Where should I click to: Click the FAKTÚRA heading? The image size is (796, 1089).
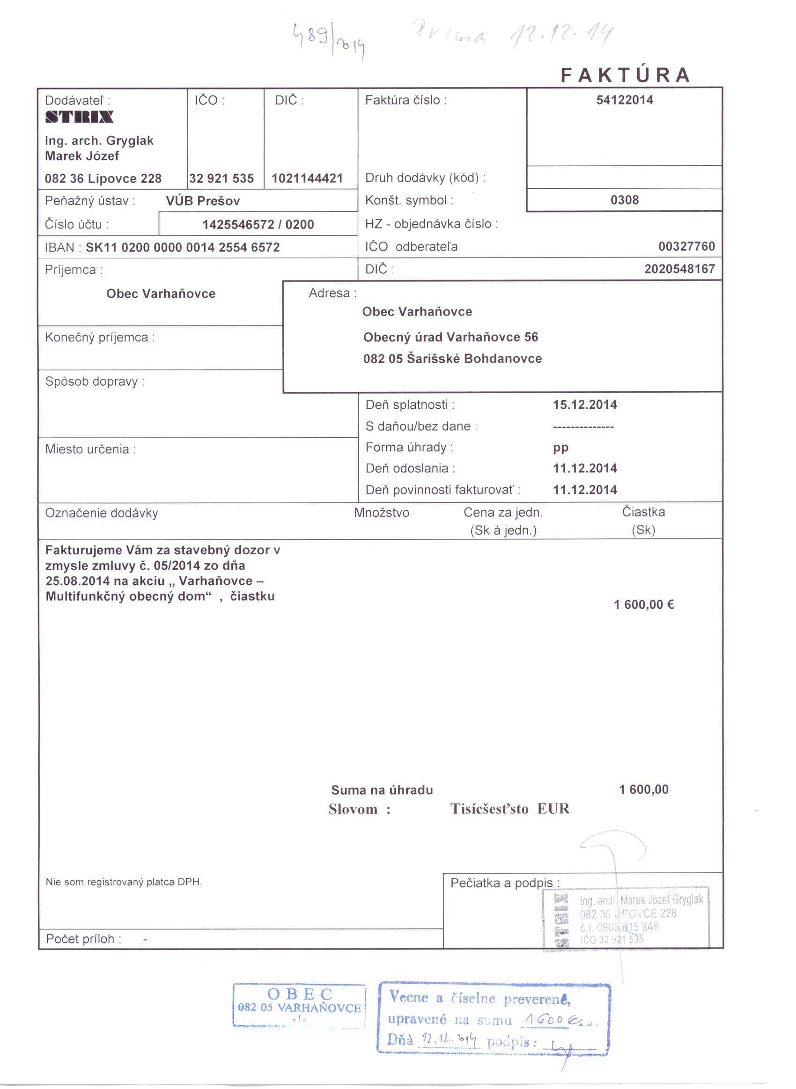tap(625, 75)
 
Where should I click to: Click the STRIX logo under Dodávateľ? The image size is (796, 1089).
tap(80, 117)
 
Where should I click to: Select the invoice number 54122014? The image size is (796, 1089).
tap(625, 100)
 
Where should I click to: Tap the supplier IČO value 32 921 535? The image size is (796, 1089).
tap(221, 179)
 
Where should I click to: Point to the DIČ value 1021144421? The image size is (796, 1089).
tap(307, 179)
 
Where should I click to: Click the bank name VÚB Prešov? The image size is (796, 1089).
tap(203, 201)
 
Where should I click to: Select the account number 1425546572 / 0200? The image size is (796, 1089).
tap(258, 224)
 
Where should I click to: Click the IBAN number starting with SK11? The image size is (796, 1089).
tap(183, 248)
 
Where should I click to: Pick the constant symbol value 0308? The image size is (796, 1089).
tap(625, 200)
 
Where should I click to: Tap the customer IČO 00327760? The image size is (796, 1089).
tap(686, 247)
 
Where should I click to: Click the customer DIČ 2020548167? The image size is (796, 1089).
tap(679, 269)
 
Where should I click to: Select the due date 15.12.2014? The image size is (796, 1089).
tap(584, 405)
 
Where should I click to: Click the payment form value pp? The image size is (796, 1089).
tap(561, 448)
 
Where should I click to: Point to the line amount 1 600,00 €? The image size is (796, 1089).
tap(644, 604)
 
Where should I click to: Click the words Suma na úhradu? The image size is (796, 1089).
tap(382, 790)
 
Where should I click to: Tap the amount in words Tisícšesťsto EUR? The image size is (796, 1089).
tap(510, 809)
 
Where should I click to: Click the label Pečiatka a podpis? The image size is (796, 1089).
tap(504, 883)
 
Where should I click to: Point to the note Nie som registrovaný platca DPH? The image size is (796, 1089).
tap(124, 882)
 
